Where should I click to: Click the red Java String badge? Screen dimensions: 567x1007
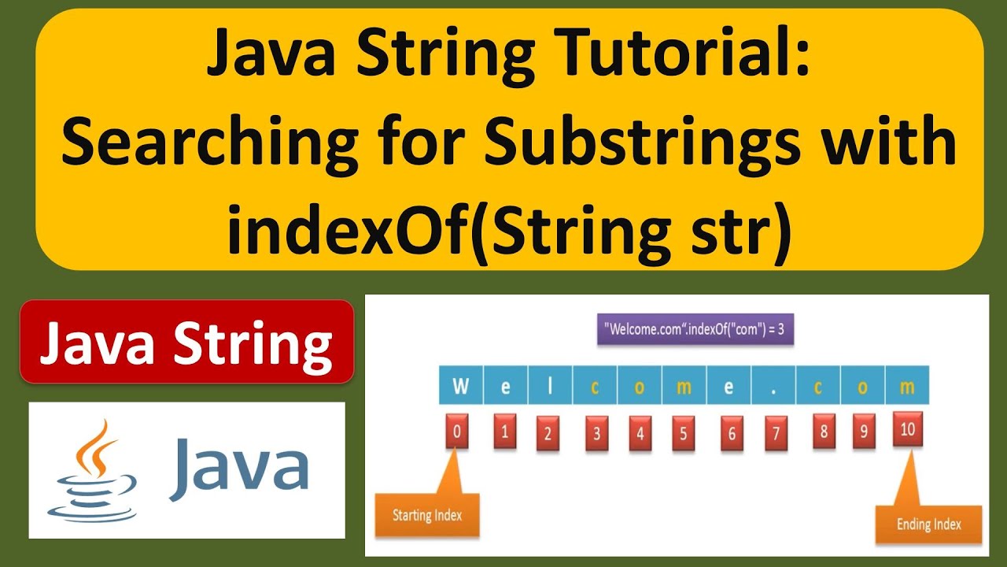pyautogui.click(x=186, y=342)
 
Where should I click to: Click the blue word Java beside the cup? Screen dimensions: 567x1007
pyautogui.click(x=238, y=470)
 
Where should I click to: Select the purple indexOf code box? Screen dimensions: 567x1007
pyautogui.click(x=695, y=329)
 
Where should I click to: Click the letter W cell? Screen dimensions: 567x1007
pyautogui.click(x=460, y=387)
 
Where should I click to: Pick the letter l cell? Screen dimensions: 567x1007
pyautogui.click(x=550, y=387)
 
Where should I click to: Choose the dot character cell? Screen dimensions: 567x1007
pyautogui.click(x=773, y=387)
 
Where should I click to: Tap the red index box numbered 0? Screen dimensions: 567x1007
pyautogui.click(x=457, y=432)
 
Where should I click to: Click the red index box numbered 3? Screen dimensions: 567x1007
pyautogui.click(x=596, y=433)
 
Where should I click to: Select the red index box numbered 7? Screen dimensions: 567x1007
pyautogui.click(x=776, y=433)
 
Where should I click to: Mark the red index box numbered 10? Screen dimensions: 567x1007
pyautogui.click(x=907, y=430)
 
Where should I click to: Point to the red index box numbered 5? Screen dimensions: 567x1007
pyautogui.click(x=684, y=433)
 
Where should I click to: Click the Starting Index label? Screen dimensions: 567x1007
pyautogui.click(x=426, y=516)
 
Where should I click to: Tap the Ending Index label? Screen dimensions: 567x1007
pyautogui.click(x=928, y=524)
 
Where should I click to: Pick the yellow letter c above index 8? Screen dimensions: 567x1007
pyautogui.click(x=818, y=387)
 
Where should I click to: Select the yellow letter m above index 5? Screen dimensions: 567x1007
pyautogui.click(x=684, y=387)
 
